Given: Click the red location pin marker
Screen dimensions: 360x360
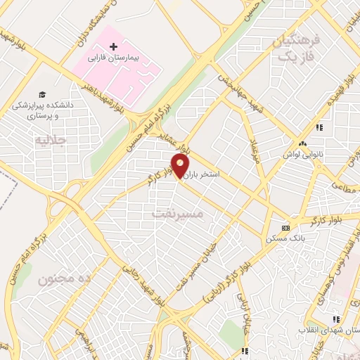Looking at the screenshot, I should [x=180, y=166].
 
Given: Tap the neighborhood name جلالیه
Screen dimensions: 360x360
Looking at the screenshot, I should [x=50, y=140].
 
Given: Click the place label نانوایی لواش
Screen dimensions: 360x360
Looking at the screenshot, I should [x=302, y=153].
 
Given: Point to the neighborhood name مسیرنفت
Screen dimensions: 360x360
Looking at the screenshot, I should [x=177, y=211].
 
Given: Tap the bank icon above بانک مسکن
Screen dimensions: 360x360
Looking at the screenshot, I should [x=285, y=228].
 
